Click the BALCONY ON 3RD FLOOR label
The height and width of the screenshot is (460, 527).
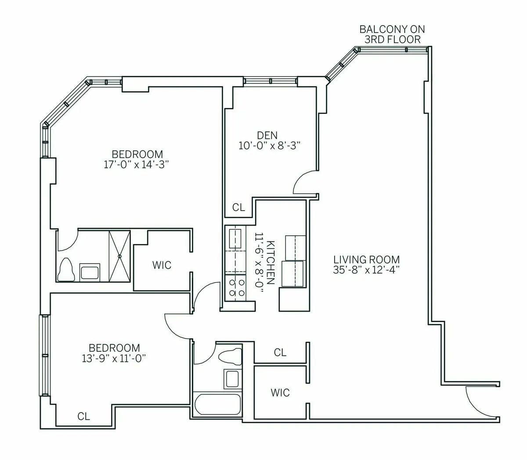(x=392, y=34)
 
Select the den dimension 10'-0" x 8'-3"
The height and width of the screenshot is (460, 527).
(x=269, y=146)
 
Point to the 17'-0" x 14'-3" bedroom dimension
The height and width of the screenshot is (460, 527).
(x=137, y=164)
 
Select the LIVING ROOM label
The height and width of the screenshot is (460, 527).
(x=366, y=259)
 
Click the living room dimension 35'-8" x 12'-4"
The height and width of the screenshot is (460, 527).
(x=366, y=270)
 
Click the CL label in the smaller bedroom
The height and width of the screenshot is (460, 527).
(x=83, y=416)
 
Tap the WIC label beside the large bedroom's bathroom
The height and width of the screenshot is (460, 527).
(x=162, y=265)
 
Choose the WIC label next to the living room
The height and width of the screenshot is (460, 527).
(x=280, y=392)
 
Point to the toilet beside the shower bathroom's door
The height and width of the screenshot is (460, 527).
(x=66, y=269)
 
